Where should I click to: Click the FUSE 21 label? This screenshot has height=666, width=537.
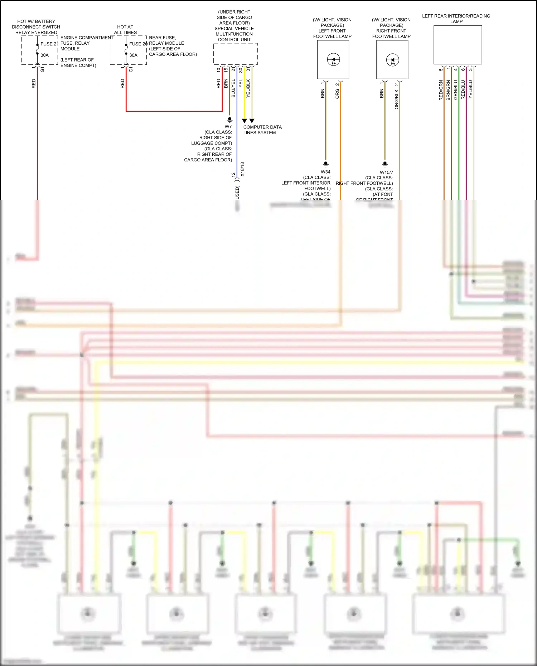pyautogui.click(x=49, y=44)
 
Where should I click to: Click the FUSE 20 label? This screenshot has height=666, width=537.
pyautogui.click(x=138, y=44)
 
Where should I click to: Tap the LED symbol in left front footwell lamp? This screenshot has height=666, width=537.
pyautogui.click(x=333, y=60)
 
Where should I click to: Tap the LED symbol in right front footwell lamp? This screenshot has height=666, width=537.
pyautogui.click(x=392, y=60)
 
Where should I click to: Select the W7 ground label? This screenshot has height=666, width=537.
pyautogui.click(x=228, y=126)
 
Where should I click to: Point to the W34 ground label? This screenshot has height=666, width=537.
pyautogui.click(x=325, y=172)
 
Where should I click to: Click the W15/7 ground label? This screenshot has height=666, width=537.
pyautogui.click(x=386, y=172)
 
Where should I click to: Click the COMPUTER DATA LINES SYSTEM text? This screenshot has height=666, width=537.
pyautogui.click(x=262, y=130)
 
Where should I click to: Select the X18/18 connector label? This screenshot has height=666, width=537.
pyautogui.click(x=242, y=169)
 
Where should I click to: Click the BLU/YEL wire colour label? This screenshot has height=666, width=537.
pyautogui.click(x=233, y=88)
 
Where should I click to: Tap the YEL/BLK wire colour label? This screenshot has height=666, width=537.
pyautogui.click(x=248, y=88)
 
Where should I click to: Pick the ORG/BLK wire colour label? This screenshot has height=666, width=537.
pyautogui.click(x=396, y=99)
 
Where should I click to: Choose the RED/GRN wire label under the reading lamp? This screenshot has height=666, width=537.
pyautogui.click(x=441, y=90)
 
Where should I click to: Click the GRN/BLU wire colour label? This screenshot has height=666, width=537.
pyautogui.click(x=456, y=89)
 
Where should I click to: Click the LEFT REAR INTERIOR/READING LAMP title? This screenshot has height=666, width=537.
pyautogui.click(x=456, y=19)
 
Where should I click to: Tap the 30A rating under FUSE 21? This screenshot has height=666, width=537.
pyautogui.click(x=44, y=55)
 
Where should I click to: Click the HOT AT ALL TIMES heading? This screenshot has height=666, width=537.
pyautogui.click(x=125, y=30)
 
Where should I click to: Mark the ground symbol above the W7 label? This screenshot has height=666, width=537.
pyautogui.click(x=229, y=119)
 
